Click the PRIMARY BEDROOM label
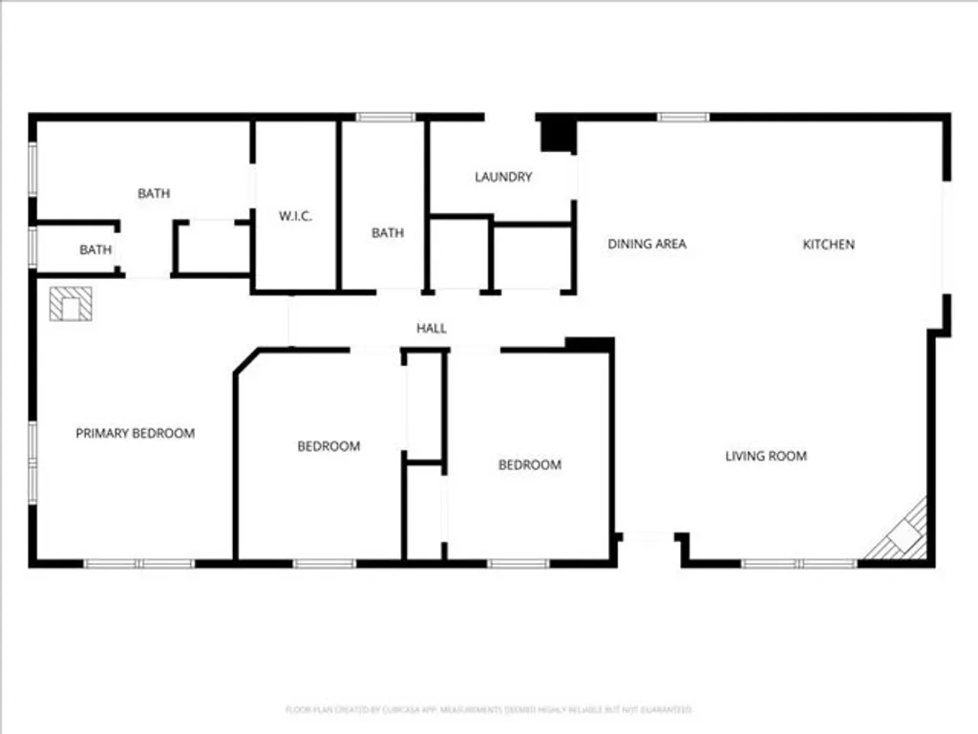pos(135,433)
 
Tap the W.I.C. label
pos(295,216)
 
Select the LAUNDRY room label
pos(503,177)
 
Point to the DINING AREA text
pos(647,244)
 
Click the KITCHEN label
pos(828,244)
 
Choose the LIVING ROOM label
pos(766,456)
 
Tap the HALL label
pos(432,329)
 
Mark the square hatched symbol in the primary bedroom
pos(71,304)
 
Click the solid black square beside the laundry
pos(556,134)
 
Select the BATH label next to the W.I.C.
pos(388,232)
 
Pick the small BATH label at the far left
pos(96,249)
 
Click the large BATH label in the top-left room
pos(154,193)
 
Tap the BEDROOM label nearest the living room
pos(530,464)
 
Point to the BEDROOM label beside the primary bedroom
pos(329,445)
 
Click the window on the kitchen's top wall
pos(683,117)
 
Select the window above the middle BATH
pos(386,117)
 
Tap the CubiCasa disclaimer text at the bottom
pos(488,709)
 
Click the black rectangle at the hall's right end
pos(588,344)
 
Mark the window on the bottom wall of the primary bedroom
pos(139,564)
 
